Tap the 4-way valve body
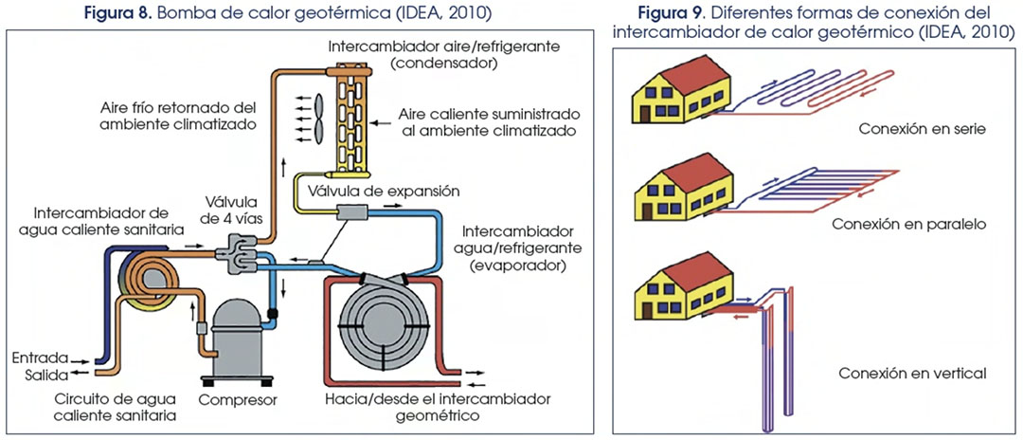(x=235, y=252)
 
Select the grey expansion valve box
(x=351, y=212)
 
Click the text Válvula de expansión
(x=377, y=192)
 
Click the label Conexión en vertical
(x=912, y=374)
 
